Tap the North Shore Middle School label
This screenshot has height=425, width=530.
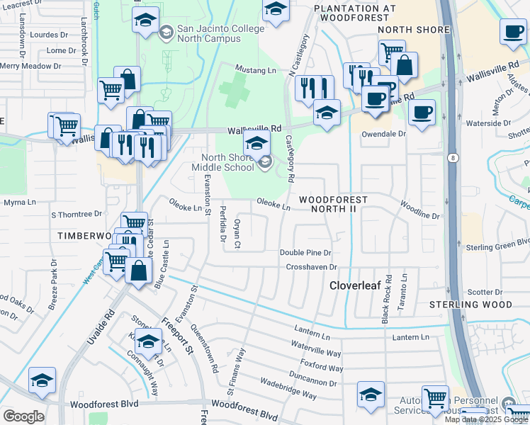222,162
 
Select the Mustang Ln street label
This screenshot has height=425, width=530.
255,71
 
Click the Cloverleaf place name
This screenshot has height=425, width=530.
359,285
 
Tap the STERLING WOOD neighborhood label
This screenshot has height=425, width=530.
470,305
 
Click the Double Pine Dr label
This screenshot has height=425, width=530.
305,252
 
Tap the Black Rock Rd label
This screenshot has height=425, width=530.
387,299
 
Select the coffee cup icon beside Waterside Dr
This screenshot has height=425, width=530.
422,113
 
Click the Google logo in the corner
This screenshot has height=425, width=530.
23,416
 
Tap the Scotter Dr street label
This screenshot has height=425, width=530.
485,292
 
